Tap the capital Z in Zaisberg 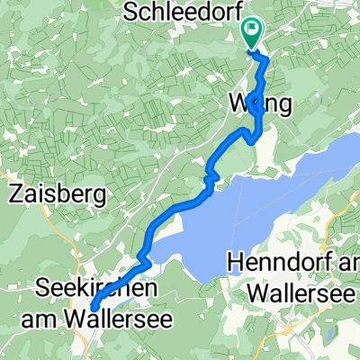pos(15,193)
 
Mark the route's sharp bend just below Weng pos(257,137)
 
